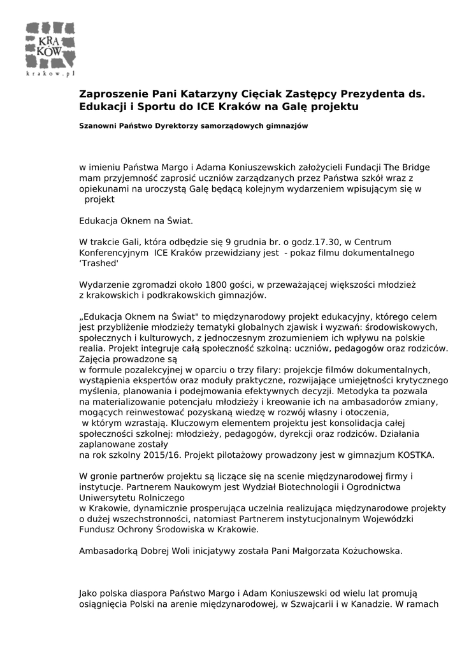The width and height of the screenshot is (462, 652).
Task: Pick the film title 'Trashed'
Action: coord(100,264)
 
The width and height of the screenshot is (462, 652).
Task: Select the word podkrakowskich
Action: coord(193,295)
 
